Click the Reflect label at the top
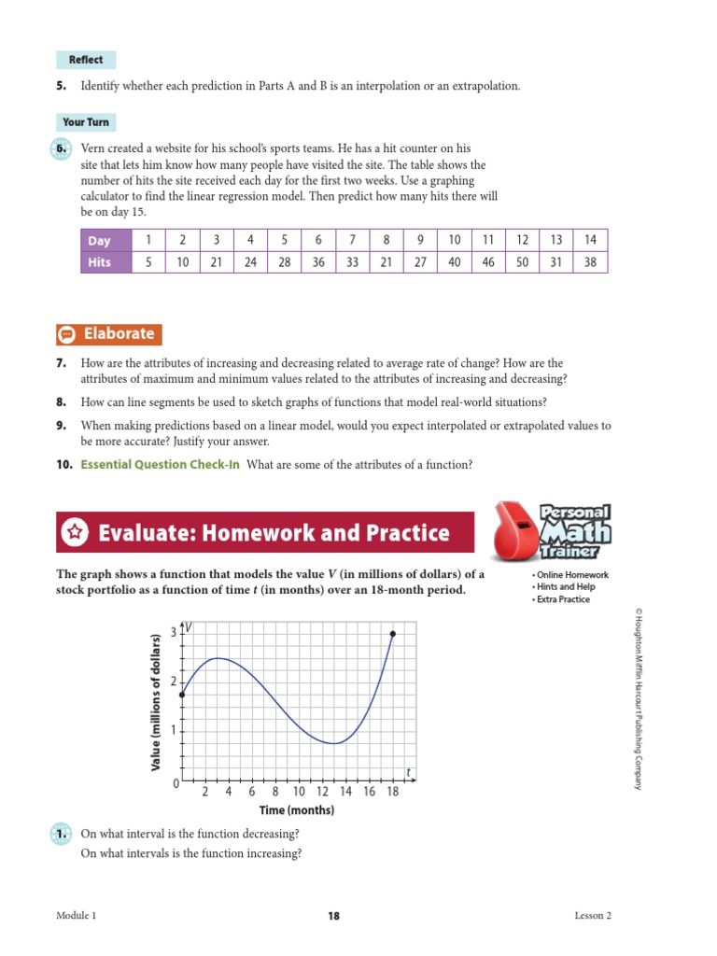tap(86, 60)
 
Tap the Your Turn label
tap(86, 122)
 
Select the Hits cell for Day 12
tap(522, 262)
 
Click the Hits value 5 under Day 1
tap(148, 262)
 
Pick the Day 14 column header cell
tap(590, 241)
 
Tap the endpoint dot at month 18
tap(393, 634)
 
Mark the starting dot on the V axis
tap(182, 695)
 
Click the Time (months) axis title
tap(296, 810)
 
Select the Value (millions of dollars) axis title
tap(157, 701)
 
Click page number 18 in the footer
tap(334, 916)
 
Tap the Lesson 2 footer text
tap(593, 916)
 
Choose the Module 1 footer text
tap(77, 916)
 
